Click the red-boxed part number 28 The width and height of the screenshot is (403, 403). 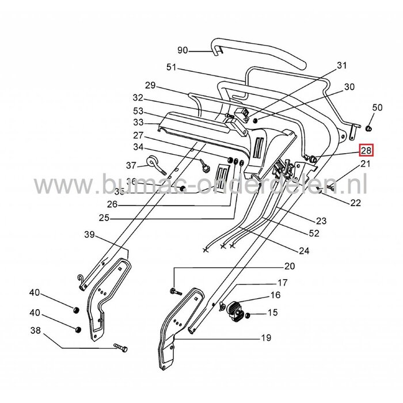[366, 151]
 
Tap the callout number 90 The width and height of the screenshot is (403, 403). [183, 51]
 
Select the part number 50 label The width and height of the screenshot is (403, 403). [377, 108]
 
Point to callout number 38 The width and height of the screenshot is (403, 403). [36, 331]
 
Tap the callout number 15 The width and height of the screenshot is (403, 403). [272, 313]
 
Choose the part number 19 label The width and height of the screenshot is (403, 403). [265, 338]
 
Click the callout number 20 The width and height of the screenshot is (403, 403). [290, 266]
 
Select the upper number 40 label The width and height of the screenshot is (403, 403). [35, 293]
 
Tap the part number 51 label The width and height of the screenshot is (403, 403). [170, 68]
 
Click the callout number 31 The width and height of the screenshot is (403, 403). [342, 66]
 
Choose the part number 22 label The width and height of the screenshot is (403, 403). [355, 203]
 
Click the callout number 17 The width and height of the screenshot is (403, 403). [282, 283]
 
